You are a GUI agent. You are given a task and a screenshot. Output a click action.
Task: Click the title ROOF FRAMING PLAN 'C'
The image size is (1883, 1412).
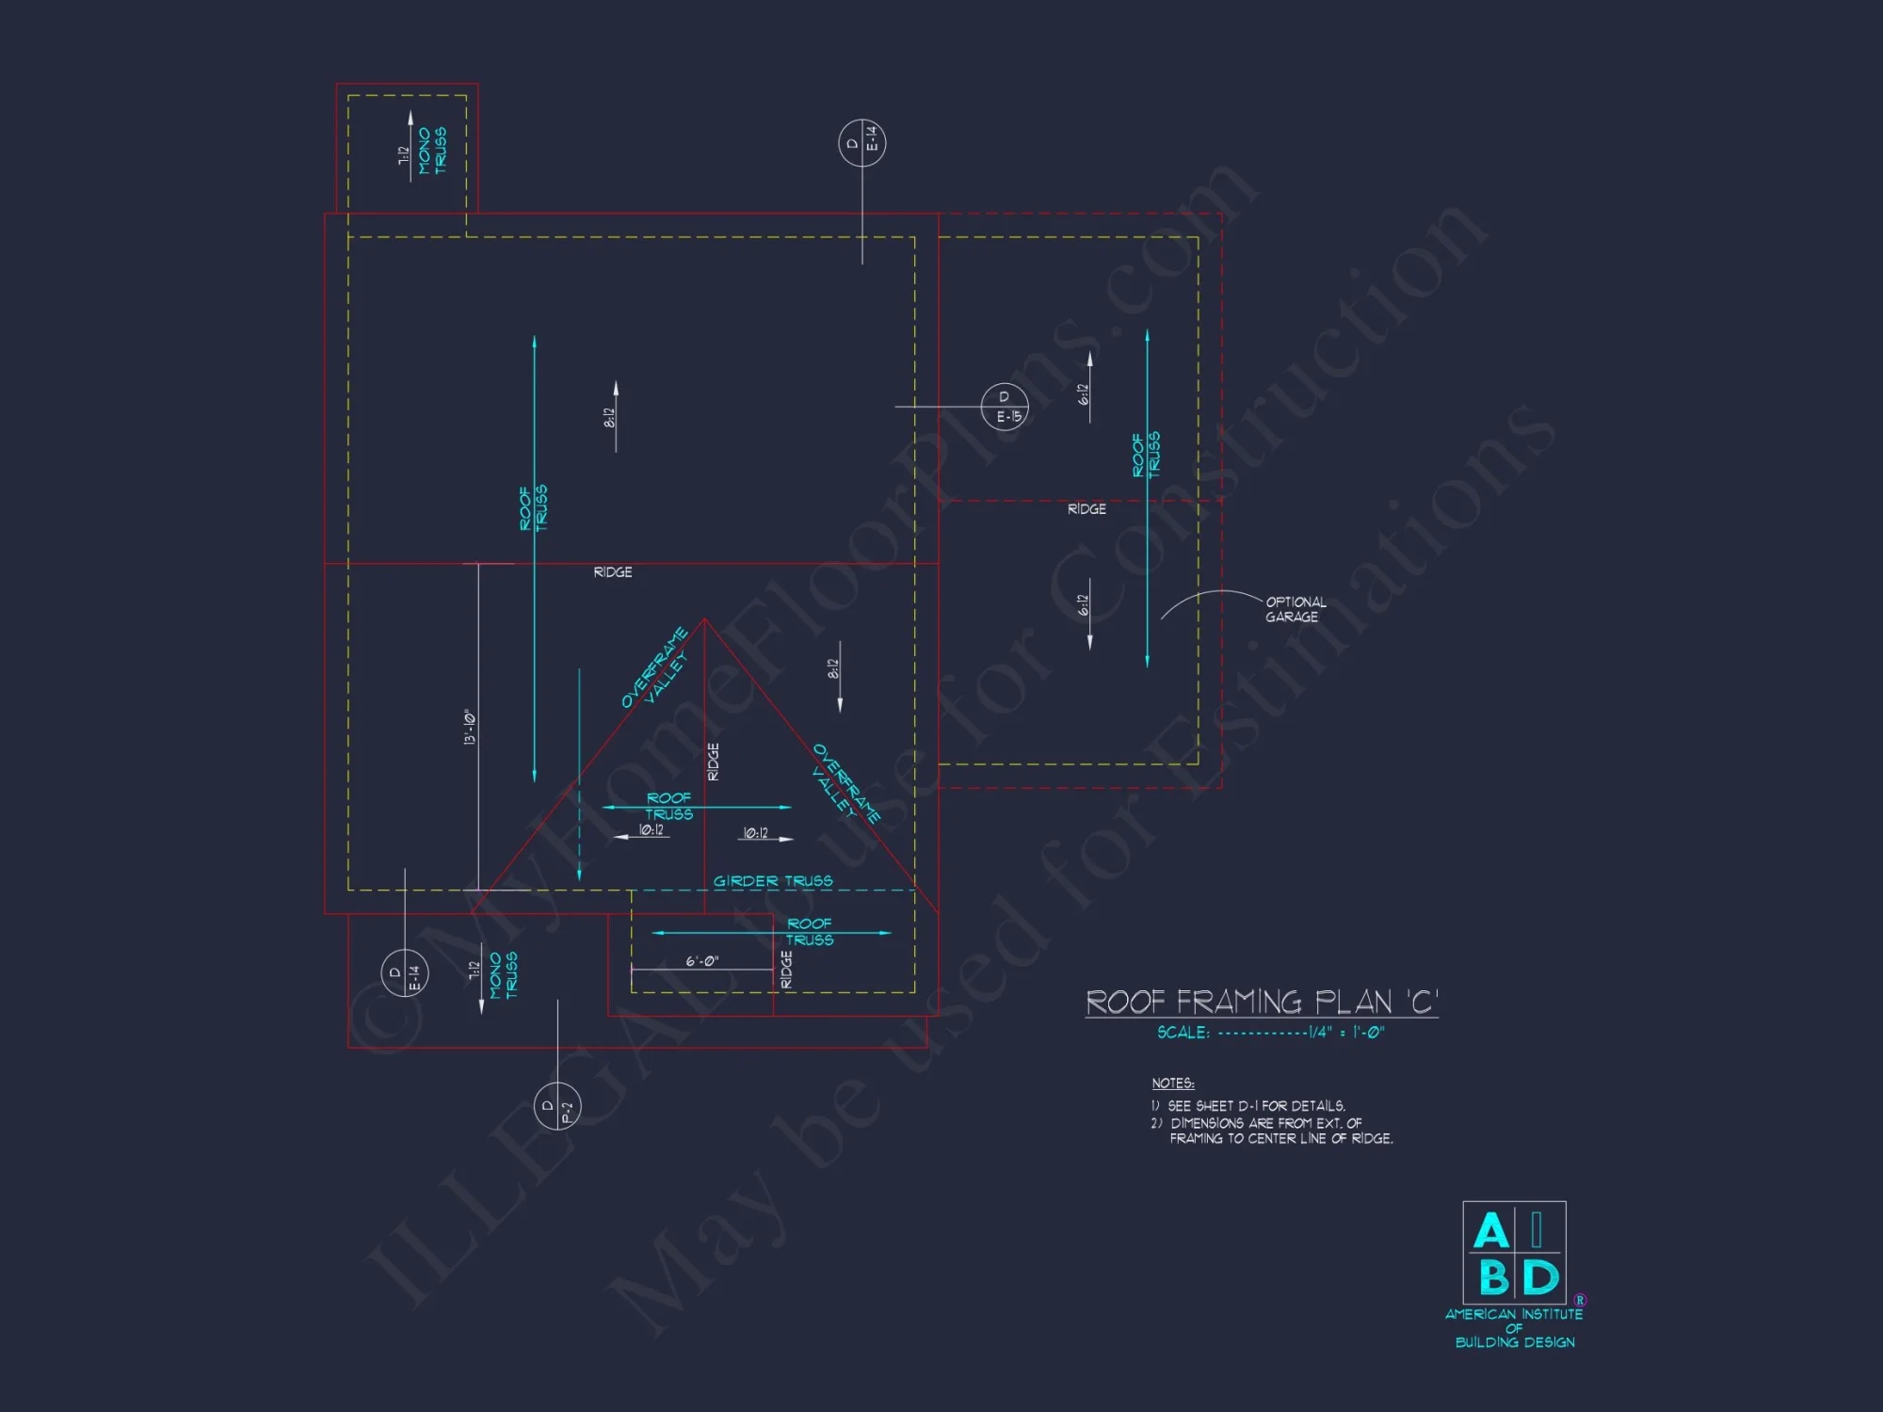[x=1262, y=1002]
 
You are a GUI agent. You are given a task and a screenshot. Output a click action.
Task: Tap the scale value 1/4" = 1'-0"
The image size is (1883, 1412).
[x=1346, y=1033]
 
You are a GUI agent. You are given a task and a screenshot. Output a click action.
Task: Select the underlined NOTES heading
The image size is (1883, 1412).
[x=1172, y=1083]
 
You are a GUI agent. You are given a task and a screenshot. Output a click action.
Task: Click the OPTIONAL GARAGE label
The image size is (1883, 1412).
[x=1295, y=609]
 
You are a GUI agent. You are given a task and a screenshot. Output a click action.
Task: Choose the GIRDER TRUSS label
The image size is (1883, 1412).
[x=773, y=881]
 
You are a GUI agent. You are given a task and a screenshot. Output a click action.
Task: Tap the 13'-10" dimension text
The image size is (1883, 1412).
[x=470, y=727]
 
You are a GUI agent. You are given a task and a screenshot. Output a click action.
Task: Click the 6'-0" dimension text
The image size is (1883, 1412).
[x=701, y=961]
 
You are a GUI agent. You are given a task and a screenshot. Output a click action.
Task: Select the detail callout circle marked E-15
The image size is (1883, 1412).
[x=1005, y=407]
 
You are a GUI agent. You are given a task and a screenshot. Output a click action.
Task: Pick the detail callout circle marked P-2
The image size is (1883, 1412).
[x=557, y=1106]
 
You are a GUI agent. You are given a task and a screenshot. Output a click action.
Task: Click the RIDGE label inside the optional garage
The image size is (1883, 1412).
[x=1086, y=509]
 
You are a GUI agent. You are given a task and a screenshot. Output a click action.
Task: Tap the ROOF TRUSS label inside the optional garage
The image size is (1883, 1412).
[x=1146, y=455]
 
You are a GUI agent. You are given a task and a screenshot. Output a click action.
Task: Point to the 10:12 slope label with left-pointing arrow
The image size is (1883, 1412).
[x=651, y=830]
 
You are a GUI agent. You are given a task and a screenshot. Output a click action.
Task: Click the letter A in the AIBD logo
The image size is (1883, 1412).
[x=1490, y=1230]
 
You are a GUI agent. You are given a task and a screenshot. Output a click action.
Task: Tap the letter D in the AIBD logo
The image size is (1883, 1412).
[x=1540, y=1278]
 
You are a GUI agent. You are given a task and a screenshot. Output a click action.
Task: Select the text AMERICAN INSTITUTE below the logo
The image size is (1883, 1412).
[x=1514, y=1314]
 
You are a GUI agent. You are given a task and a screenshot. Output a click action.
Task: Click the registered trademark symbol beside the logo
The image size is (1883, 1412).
[x=1580, y=1300]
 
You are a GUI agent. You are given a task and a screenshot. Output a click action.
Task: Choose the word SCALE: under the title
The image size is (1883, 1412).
[x=1183, y=1033]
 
